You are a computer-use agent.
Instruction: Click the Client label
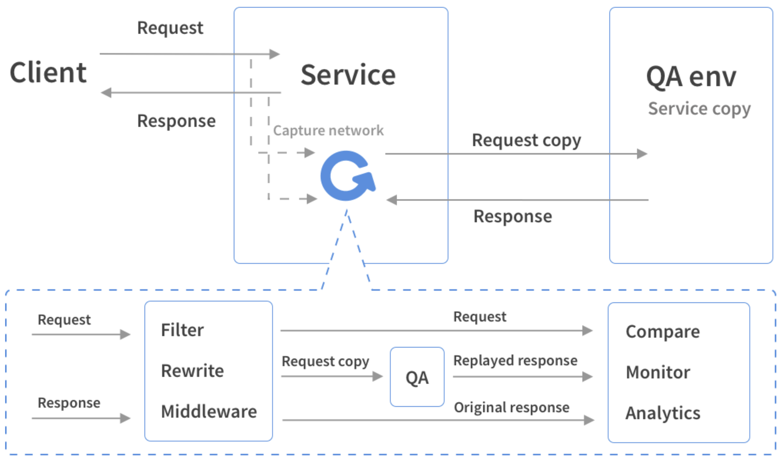pyautogui.click(x=48, y=72)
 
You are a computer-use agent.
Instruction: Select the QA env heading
pyautogui.click(x=691, y=77)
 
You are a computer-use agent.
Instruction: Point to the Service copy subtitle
pyautogui.click(x=699, y=109)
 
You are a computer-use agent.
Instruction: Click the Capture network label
pyautogui.click(x=328, y=130)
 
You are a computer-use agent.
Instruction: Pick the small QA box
pyautogui.click(x=417, y=377)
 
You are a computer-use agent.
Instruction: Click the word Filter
pyautogui.click(x=182, y=330)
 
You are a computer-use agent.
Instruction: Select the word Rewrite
pyautogui.click(x=192, y=370)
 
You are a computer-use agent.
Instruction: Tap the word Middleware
pyautogui.click(x=209, y=411)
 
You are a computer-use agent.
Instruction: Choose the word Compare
pyautogui.click(x=663, y=332)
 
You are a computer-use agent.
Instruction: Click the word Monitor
pyautogui.click(x=658, y=372)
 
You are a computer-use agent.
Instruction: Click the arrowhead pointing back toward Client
pyautogui.click(x=106, y=92)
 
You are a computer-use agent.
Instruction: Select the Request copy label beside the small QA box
pyautogui.click(x=325, y=362)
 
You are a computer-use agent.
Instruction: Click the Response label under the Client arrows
pyautogui.click(x=176, y=121)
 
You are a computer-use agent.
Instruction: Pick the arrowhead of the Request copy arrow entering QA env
pyautogui.click(x=642, y=154)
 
